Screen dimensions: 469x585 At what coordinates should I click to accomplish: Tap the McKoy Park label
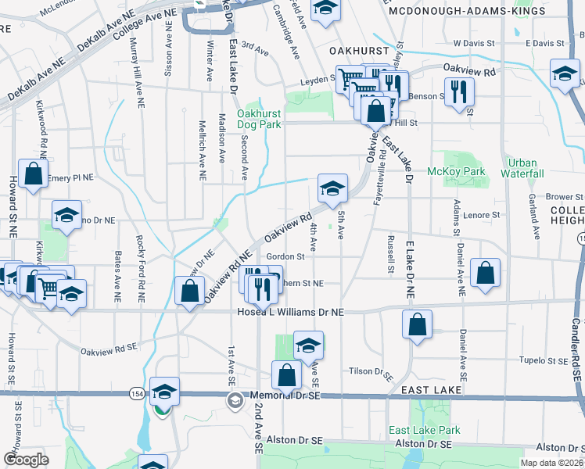[x=456, y=171]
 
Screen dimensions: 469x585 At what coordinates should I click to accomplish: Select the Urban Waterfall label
[x=525, y=168]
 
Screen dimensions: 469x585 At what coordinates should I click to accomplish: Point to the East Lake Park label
[x=425, y=431]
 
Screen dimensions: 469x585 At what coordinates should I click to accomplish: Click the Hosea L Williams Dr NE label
[x=290, y=312]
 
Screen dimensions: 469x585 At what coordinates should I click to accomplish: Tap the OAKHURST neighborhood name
[x=359, y=50]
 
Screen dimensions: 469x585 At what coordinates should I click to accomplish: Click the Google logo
[x=26, y=459]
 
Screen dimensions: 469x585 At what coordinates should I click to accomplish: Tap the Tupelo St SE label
[x=546, y=361]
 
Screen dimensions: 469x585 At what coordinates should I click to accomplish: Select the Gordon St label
[x=285, y=256]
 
